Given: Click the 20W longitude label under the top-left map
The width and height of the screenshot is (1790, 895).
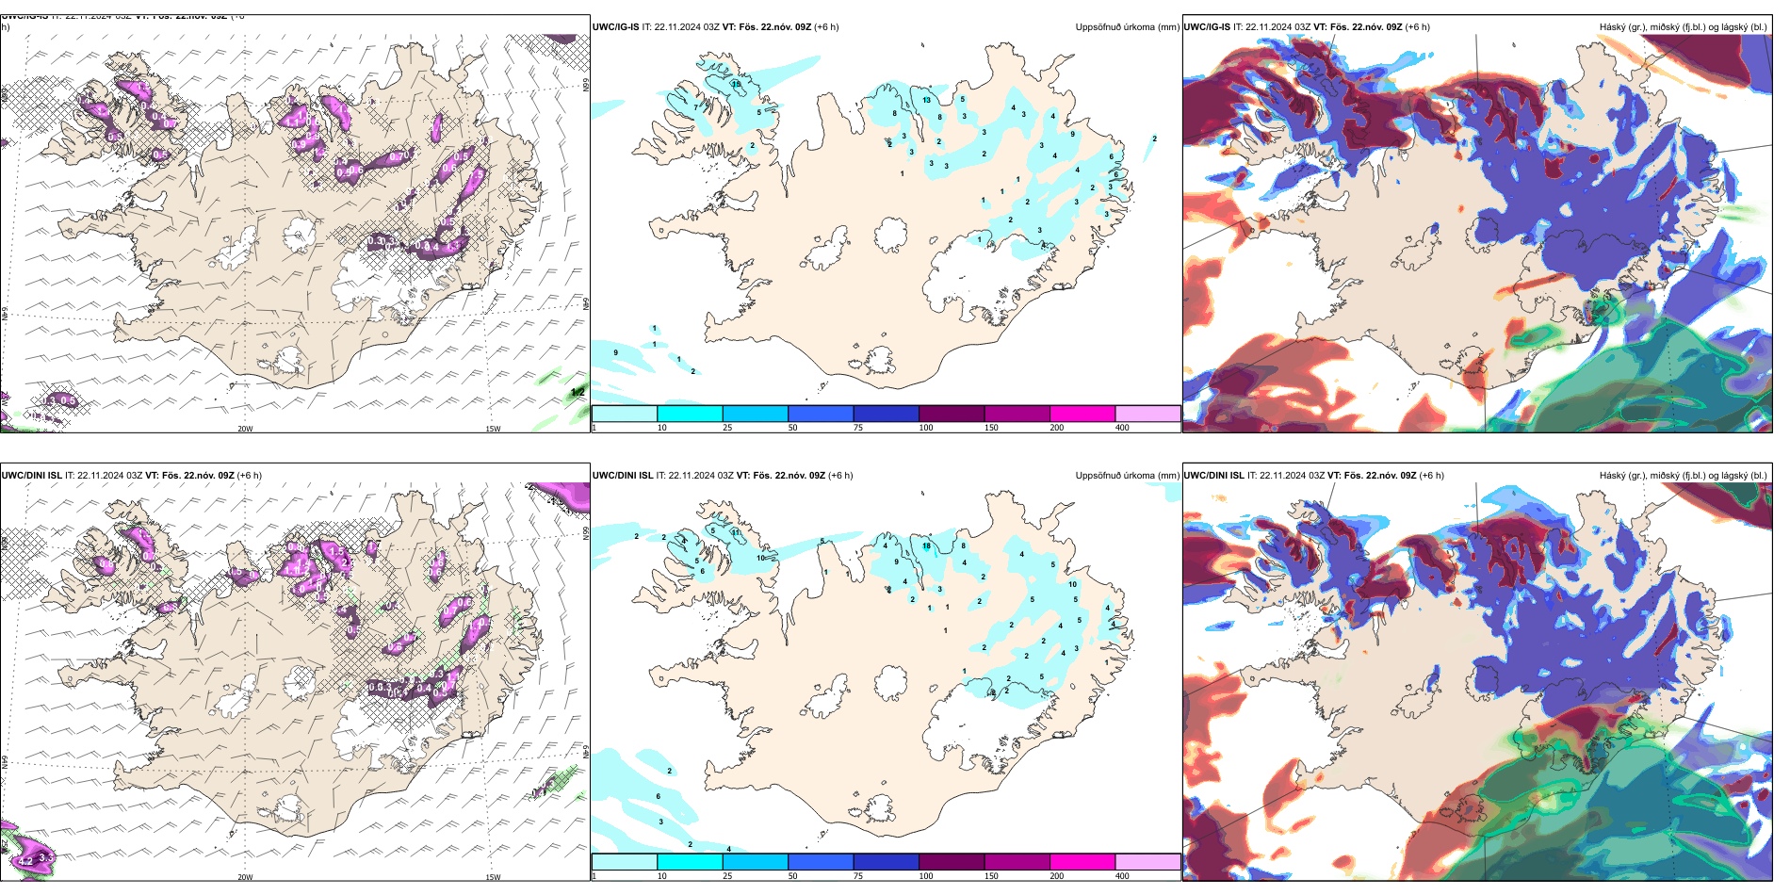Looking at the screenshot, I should [245, 429].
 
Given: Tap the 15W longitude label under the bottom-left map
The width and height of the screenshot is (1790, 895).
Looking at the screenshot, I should [493, 877].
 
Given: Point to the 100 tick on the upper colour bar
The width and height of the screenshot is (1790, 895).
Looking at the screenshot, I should [926, 428].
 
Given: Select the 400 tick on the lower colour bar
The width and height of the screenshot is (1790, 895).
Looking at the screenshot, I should [1122, 876].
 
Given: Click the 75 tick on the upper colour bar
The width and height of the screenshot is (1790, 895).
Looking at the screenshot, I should [858, 428].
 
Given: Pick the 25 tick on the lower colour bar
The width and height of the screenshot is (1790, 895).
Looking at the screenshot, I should [727, 876].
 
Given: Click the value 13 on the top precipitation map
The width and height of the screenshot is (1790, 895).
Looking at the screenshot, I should [927, 100].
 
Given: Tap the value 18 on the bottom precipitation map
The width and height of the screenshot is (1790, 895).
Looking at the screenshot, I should [927, 546].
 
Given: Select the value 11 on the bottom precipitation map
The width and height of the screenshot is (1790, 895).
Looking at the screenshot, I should [736, 533].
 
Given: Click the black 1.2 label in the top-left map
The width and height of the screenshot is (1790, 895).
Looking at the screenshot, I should [578, 392].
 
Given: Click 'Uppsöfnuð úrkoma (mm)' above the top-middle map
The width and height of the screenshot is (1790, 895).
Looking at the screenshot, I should [1127, 27].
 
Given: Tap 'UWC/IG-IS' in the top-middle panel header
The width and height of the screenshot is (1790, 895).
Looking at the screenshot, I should [615, 27].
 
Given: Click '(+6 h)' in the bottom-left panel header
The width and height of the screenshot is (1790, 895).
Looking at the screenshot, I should [249, 476].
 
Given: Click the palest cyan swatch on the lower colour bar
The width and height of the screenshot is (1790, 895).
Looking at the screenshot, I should [624, 862].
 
